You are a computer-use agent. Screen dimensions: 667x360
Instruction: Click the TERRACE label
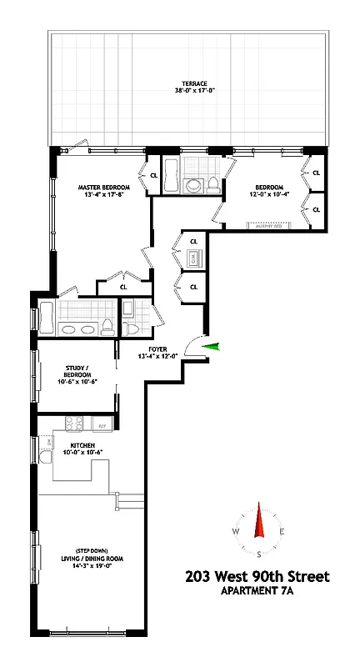tap(195, 83)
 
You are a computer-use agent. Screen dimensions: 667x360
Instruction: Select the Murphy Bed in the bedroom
tap(269, 223)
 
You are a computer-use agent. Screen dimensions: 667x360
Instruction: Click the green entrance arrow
tap(212, 347)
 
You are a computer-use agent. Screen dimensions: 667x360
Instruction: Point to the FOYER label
tap(158, 349)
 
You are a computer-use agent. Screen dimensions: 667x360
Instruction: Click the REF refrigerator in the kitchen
tap(102, 426)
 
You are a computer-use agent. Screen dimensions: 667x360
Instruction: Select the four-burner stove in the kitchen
tap(72, 424)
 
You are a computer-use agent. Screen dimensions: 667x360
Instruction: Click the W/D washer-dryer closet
tap(192, 259)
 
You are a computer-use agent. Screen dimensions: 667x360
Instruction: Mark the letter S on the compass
tap(260, 554)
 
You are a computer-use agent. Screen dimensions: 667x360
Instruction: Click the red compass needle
tap(260, 525)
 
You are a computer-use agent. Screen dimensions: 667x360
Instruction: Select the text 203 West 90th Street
tap(258, 576)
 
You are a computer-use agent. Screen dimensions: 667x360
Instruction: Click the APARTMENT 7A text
tap(258, 591)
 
